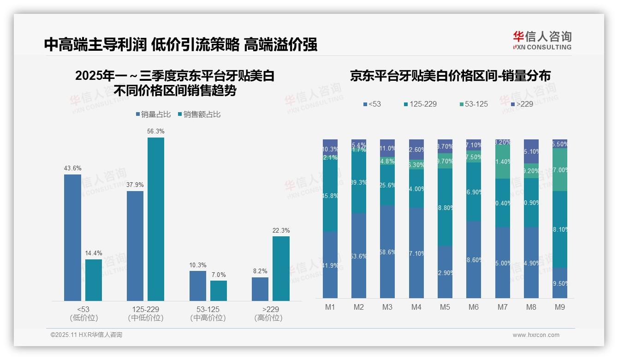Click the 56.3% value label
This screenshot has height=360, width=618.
pos(156,132)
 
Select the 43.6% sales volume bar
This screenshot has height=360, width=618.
pos(72,237)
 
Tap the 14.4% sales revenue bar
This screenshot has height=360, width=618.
pos(94,280)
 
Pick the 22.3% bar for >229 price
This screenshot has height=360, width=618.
pos(281,268)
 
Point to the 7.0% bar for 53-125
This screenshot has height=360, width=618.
pos(219,290)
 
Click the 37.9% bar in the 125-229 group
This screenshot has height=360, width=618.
pos(135,246)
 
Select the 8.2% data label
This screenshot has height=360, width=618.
pos(260,271)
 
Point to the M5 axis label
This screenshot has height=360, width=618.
pos(445,307)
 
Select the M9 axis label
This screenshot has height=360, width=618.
pos(559,307)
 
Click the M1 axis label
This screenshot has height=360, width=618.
pos(330,307)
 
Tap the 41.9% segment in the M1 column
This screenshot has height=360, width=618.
pos(330,265)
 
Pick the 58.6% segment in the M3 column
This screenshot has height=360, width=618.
pos(387,252)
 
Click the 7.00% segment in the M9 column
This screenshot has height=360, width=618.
pos(560,170)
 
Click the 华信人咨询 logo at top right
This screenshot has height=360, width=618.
pos(542,40)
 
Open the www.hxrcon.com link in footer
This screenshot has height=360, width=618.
pos(536,335)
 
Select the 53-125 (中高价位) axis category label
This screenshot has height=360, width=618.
pos(208,313)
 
